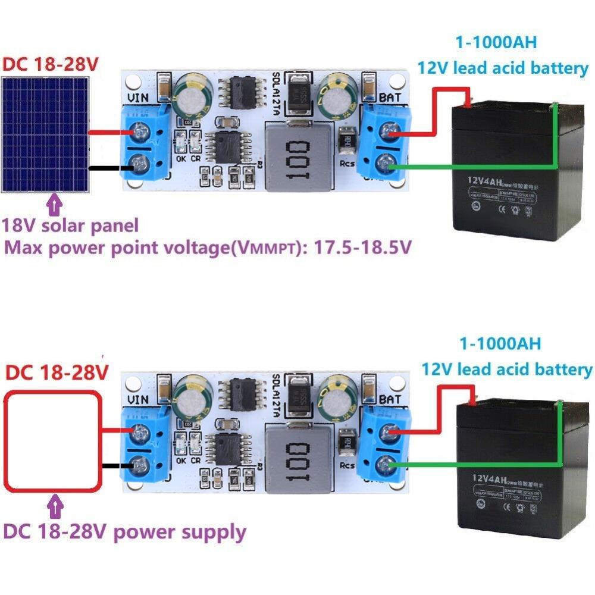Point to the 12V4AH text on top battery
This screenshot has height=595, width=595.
[x=488, y=178]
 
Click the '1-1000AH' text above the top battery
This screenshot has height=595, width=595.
[x=496, y=43]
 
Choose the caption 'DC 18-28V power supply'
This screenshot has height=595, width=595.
[x=124, y=531]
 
